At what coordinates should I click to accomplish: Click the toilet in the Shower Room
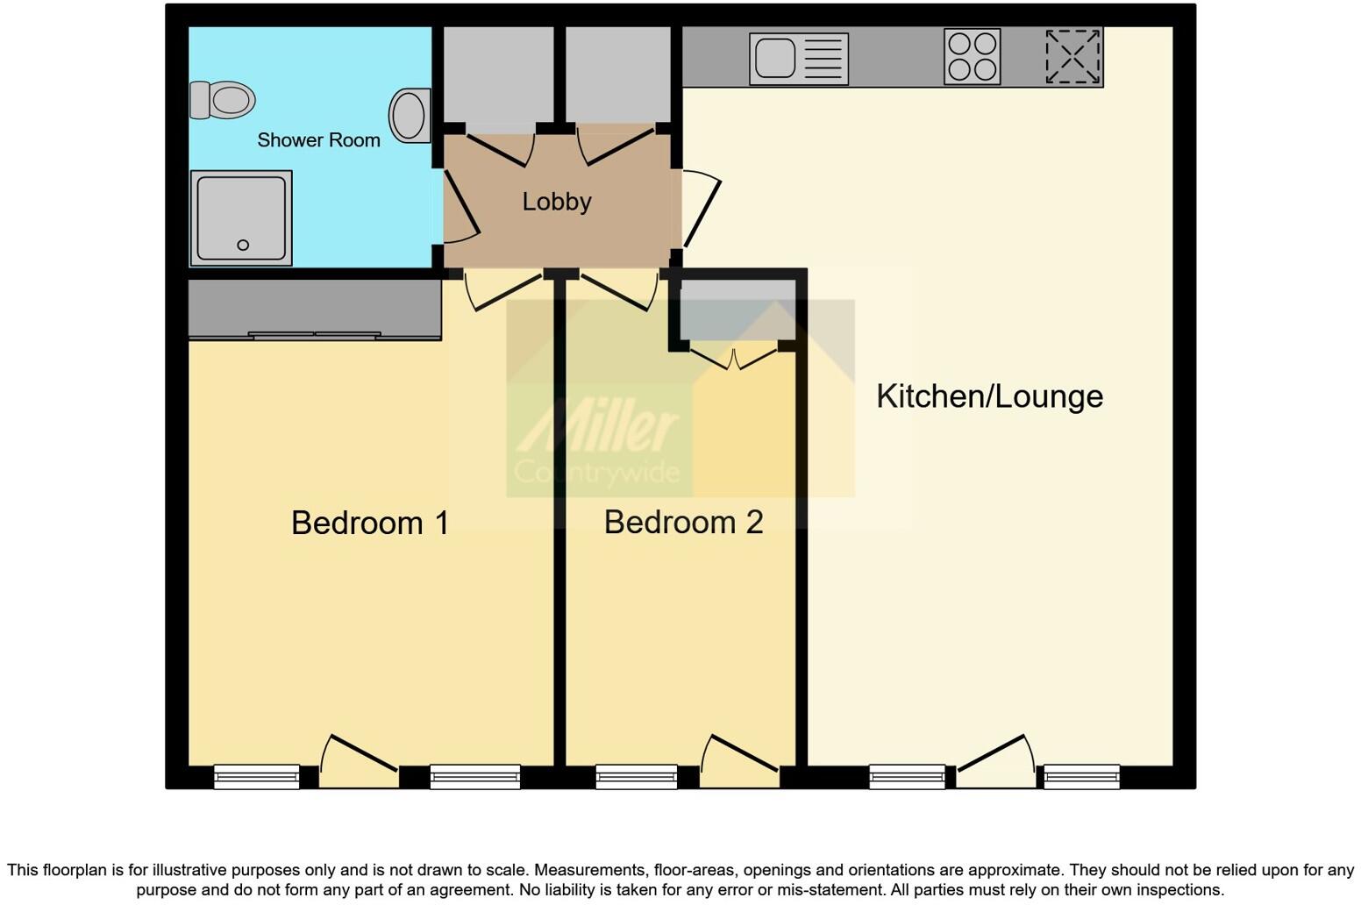pos(223,100)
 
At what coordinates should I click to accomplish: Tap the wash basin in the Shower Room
pos(410,116)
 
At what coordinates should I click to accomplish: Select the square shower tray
pos(241,218)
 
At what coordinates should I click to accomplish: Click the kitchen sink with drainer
pos(798,59)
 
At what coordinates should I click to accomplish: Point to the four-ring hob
pos(972,57)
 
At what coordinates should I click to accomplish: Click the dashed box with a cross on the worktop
pos(1072,57)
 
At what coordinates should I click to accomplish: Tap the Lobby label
pos(557,202)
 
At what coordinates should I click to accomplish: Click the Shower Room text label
pos(318,140)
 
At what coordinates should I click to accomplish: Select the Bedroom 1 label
pos(369,523)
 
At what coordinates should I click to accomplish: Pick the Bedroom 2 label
pos(683,522)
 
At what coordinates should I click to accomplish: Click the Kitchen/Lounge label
pos(989,396)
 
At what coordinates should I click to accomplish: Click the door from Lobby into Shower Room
pos(460,206)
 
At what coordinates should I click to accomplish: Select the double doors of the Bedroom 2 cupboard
pos(734,357)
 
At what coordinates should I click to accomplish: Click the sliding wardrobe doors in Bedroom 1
pos(315,335)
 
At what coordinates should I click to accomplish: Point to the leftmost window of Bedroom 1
pos(256,776)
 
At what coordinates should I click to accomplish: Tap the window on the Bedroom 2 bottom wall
pos(636,776)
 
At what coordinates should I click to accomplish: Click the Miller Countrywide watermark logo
pos(598,438)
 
